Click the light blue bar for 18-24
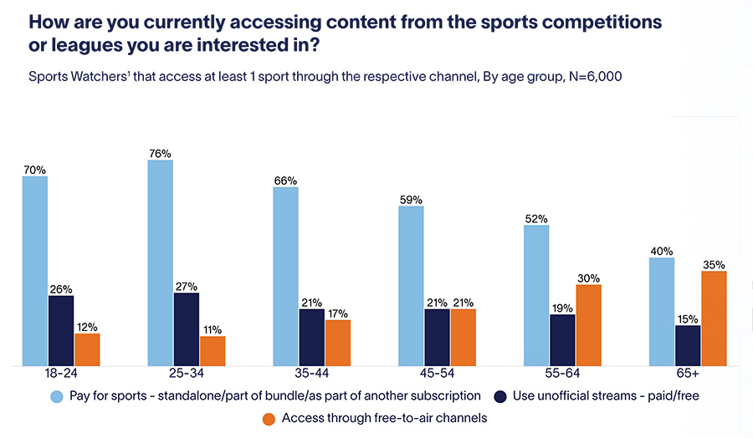[34, 271]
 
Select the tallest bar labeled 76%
[160, 262]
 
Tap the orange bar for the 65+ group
[714, 318]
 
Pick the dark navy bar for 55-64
[562, 339]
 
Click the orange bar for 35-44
[337, 343]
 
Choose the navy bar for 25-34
[186, 328]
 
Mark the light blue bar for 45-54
[411, 286]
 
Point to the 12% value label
[87, 326]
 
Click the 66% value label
[285, 180]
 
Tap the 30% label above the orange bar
[588, 278]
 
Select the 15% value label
[688, 318]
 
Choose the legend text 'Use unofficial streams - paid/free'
[604, 395]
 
